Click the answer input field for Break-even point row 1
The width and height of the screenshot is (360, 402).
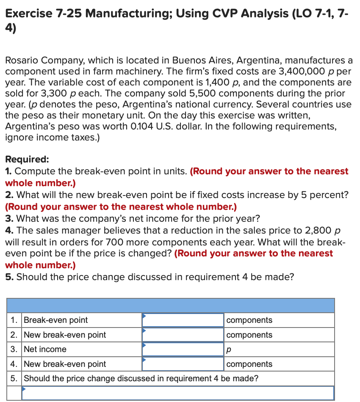183,320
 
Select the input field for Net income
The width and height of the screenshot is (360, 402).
183,349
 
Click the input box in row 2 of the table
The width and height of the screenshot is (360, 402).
183,335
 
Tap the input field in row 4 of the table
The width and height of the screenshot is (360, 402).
183,364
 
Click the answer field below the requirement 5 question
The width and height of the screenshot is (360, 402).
178,393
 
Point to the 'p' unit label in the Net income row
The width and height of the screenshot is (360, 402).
229,350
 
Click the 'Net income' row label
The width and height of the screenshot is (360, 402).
45,349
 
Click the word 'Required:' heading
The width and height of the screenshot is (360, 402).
27,160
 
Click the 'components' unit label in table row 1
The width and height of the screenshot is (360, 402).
249,320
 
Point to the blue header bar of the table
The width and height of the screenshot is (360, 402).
171,305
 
